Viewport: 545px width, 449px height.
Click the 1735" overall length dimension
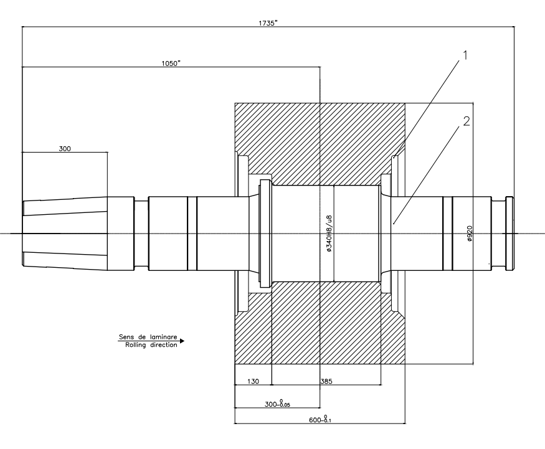(268, 23)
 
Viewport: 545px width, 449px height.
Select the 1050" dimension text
(171, 64)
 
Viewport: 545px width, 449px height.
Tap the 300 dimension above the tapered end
(65, 149)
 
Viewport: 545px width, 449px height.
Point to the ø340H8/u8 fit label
(329, 233)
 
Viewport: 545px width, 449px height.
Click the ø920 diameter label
(470, 233)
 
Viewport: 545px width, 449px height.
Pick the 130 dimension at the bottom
(253, 381)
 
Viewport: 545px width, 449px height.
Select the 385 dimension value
(326, 381)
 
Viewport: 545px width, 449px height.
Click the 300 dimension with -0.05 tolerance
(277, 404)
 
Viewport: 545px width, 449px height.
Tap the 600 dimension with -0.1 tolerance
(320, 419)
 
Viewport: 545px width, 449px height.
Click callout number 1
(465, 55)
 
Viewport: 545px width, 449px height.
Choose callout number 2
(466, 121)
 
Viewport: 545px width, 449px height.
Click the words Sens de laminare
(148, 337)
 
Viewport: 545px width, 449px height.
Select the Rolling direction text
(151, 345)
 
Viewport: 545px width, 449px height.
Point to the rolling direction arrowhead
(182, 341)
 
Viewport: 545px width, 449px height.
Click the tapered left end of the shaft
(65, 233)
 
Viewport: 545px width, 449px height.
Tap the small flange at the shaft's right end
(510, 233)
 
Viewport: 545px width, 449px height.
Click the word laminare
(163, 337)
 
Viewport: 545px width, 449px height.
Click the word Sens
(126, 337)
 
